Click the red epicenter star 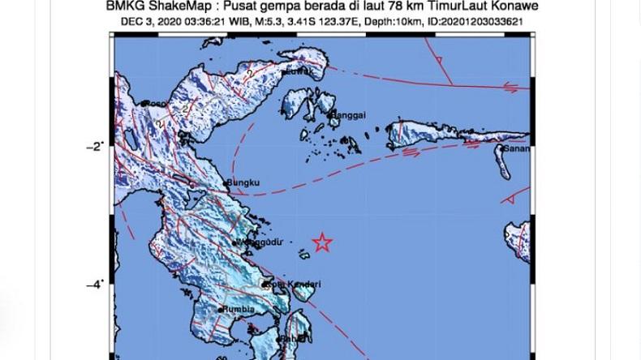pos(322,242)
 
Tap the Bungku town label pos(244,182)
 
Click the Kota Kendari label pos(295,284)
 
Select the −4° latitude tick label pos(94,284)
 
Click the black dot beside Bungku pos(227,183)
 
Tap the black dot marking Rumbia pos(221,309)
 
